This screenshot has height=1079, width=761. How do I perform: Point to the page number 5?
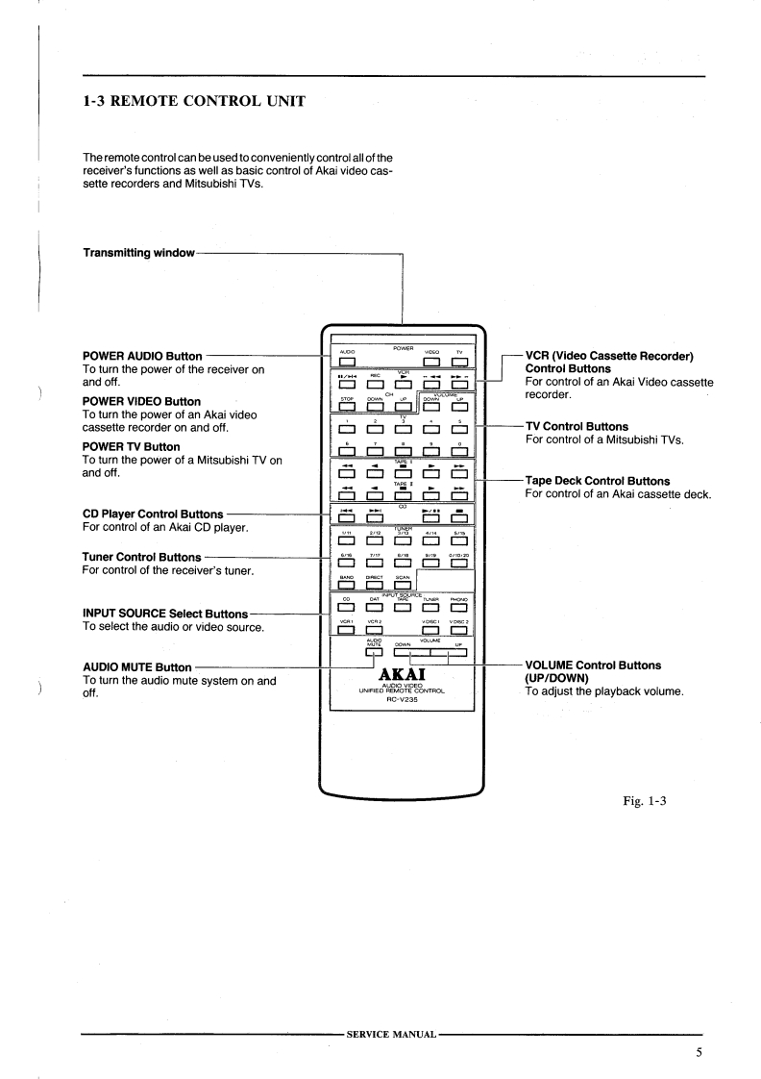(x=700, y=1052)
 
